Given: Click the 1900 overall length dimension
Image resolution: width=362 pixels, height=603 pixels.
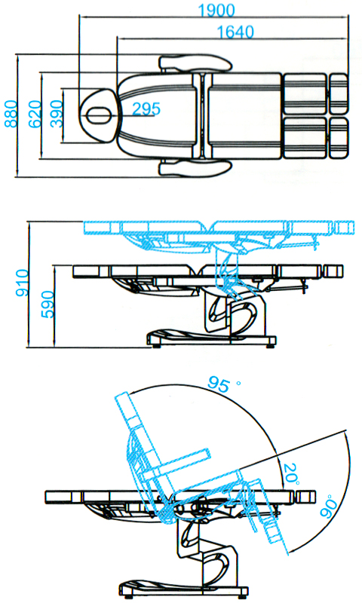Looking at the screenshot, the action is [x=216, y=11].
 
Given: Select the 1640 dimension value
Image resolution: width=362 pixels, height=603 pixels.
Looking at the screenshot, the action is [x=236, y=32].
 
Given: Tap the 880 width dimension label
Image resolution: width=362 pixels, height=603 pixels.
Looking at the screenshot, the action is [x=11, y=114].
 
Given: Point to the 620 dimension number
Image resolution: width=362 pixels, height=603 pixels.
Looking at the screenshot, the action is [x=35, y=114].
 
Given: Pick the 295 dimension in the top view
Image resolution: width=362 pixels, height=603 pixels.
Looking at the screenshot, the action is [x=146, y=109].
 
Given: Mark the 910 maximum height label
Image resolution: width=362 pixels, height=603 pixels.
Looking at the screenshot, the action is [x=22, y=283].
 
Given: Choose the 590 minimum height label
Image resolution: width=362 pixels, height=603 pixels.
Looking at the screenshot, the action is [x=48, y=305].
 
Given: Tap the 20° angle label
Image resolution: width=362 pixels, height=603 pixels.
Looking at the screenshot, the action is [x=291, y=474].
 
